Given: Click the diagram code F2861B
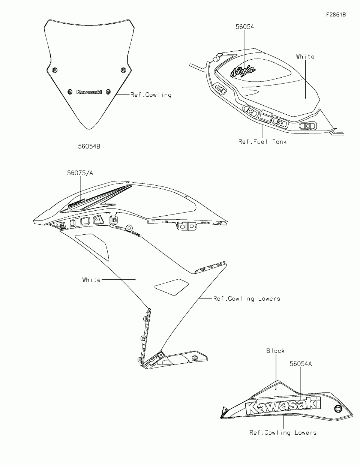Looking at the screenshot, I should click(336, 15).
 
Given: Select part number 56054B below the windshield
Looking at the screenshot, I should click(89, 147).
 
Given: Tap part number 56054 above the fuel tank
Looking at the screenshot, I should click(244, 27).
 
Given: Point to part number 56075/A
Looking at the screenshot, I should click(80, 173).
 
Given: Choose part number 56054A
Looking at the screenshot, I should click(301, 363).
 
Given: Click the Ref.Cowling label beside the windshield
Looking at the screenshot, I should click(151, 95).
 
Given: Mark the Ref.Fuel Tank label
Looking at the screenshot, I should click(262, 141).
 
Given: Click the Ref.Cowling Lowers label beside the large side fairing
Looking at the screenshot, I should click(246, 298).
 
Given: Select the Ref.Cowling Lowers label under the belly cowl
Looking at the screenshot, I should click(283, 433).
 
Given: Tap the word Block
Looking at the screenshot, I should click(276, 351).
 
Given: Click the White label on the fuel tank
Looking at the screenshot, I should click(305, 57).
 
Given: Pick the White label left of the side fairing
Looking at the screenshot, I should click(91, 279).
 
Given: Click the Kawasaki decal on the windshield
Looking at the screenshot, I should click(89, 92).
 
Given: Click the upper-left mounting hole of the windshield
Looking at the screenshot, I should click(55, 70).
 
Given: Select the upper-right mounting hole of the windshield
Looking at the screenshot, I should click(123, 70).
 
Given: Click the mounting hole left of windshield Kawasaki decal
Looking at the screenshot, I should click(70, 91).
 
